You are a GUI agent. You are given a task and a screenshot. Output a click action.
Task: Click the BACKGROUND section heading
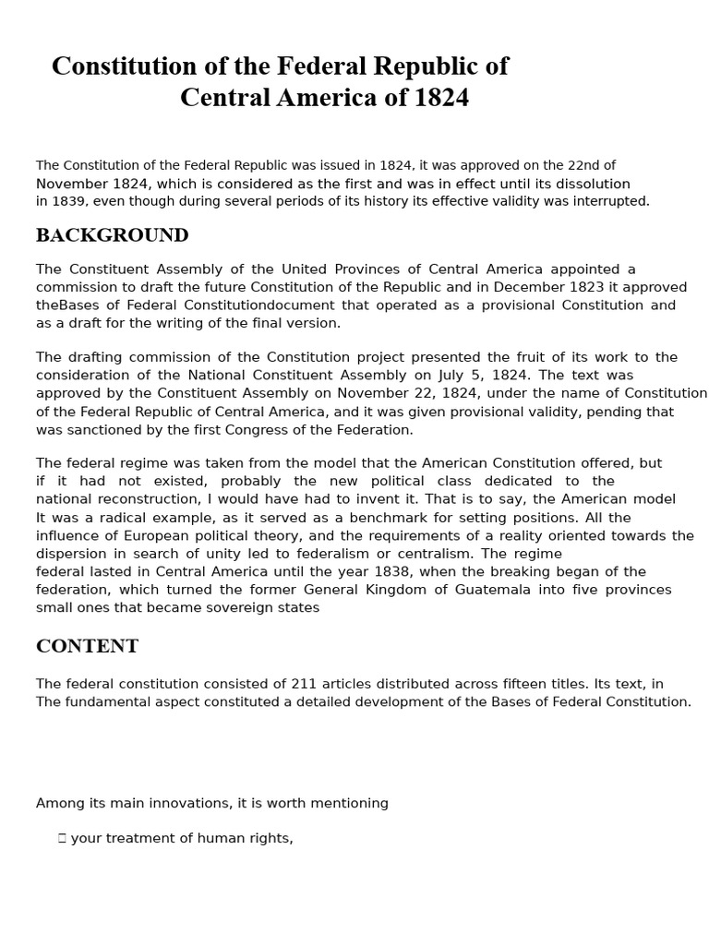[112, 235]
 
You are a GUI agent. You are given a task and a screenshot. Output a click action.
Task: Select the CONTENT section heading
[87, 646]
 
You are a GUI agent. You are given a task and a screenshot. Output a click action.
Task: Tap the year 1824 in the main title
[441, 98]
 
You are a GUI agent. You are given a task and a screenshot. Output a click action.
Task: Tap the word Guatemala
[492, 590]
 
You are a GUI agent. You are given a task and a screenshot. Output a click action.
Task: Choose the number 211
[305, 684]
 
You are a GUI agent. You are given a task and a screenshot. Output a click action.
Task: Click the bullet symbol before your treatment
[62, 839]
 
